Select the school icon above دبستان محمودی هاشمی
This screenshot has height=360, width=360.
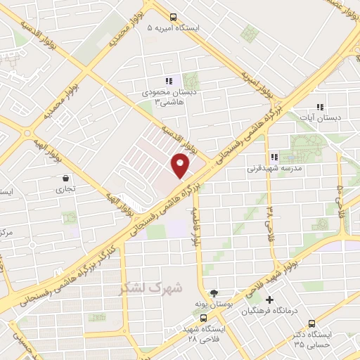point(168,81)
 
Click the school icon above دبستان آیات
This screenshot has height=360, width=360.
point(320,108)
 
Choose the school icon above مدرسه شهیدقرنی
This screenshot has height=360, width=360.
point(274,157)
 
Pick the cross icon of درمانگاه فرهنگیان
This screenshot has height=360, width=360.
point(269,300)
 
